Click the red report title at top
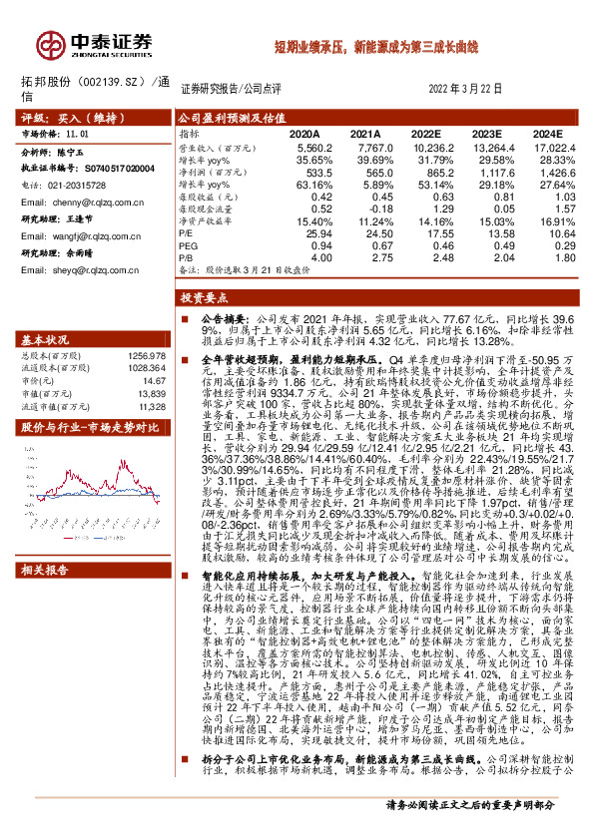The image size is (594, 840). pyautogui.click(x=377, y=47)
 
